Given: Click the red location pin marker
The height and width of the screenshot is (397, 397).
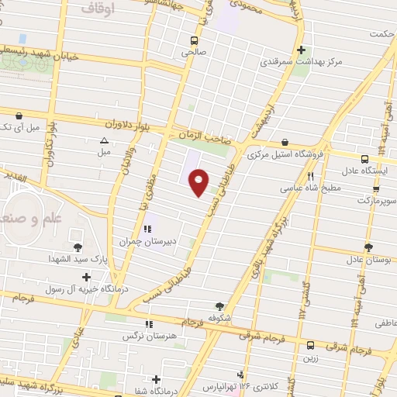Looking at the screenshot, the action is (199, 183).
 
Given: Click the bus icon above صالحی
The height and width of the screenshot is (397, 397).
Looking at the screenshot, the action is (192, 40).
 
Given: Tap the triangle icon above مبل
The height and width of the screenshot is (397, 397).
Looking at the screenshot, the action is (104, 140).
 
